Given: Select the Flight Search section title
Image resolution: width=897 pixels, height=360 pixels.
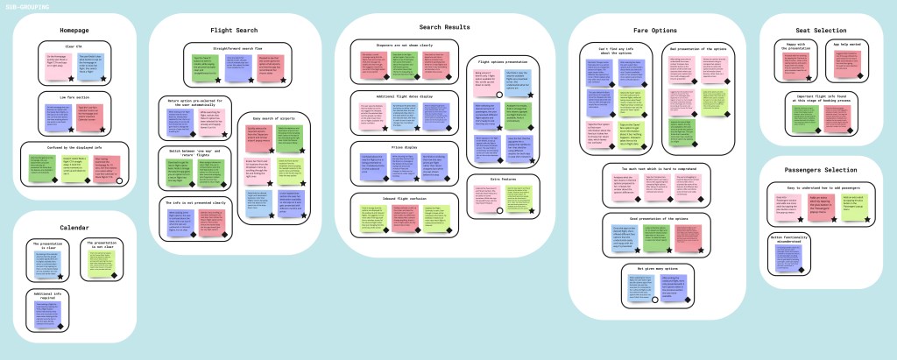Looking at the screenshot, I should pos(234,31).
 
